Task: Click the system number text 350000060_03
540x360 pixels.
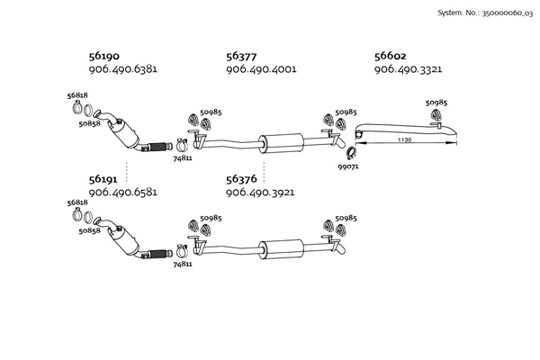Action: click(507, 13)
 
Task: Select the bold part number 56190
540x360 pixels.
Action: click(104, 56)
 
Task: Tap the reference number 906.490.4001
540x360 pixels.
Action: click(261, 69)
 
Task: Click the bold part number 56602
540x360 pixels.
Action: click(391, 56)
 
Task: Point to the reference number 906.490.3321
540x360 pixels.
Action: click(408, 69)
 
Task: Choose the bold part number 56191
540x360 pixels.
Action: click(103, 179)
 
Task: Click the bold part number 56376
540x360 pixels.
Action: click(241, 179)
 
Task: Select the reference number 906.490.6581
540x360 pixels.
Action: click(123, 193)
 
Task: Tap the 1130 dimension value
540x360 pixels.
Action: click(405, 139)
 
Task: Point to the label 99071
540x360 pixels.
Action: click(348, 166)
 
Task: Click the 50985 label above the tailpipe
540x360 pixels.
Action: click(436, 103)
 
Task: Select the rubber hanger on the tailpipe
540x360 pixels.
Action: click(436, 115)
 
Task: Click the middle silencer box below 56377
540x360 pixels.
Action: click(282, 142)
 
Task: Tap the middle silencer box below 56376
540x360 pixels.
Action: click(282, 249)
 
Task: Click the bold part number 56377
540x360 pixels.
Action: click(241, 56)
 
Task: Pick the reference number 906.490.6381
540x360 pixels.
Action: click(123, 69)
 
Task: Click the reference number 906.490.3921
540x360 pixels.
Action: click(260, 193)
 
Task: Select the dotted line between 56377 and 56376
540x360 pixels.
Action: click(264, 172)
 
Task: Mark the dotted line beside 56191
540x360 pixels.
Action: click(127, 172)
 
